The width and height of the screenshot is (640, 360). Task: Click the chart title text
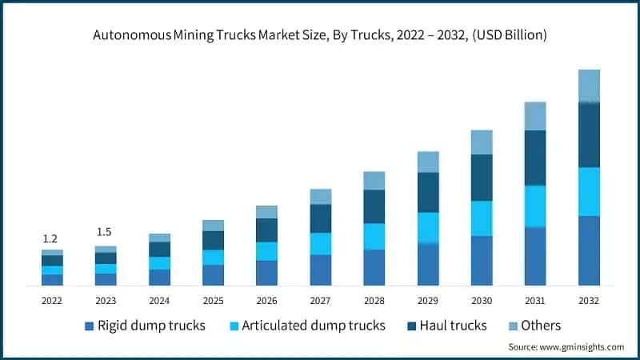[320, 35]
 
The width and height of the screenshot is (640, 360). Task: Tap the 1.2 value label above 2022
[50, 238]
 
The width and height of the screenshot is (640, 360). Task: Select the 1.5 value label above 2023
[104, 232]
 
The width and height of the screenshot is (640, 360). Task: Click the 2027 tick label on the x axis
[320, 300]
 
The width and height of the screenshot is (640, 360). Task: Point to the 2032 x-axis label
[589, 300]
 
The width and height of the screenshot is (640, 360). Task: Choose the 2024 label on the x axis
[159, 300]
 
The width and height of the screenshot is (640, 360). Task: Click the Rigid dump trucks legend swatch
[88, 326]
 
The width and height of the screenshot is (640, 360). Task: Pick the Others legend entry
[541, 326]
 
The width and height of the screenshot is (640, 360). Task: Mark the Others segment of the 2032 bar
[589, 86]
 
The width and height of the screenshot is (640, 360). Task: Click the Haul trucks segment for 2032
[589, 134]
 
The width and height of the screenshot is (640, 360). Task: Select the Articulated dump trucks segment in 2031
[535, 206]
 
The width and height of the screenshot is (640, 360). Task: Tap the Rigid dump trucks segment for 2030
[482, 261]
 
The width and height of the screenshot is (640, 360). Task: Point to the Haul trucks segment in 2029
[428, 192]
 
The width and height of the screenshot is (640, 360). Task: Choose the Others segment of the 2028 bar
[374, 180]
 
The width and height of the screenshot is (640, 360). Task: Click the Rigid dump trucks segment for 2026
[266, 273]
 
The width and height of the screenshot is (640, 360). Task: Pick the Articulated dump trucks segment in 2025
[213, 257]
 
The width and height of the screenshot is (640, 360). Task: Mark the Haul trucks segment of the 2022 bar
[52, 260]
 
